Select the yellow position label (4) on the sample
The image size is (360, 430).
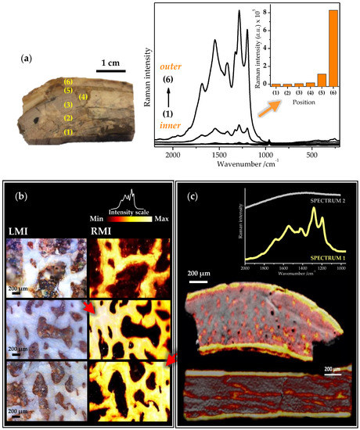pyautogui.click(x=85, y=97)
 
